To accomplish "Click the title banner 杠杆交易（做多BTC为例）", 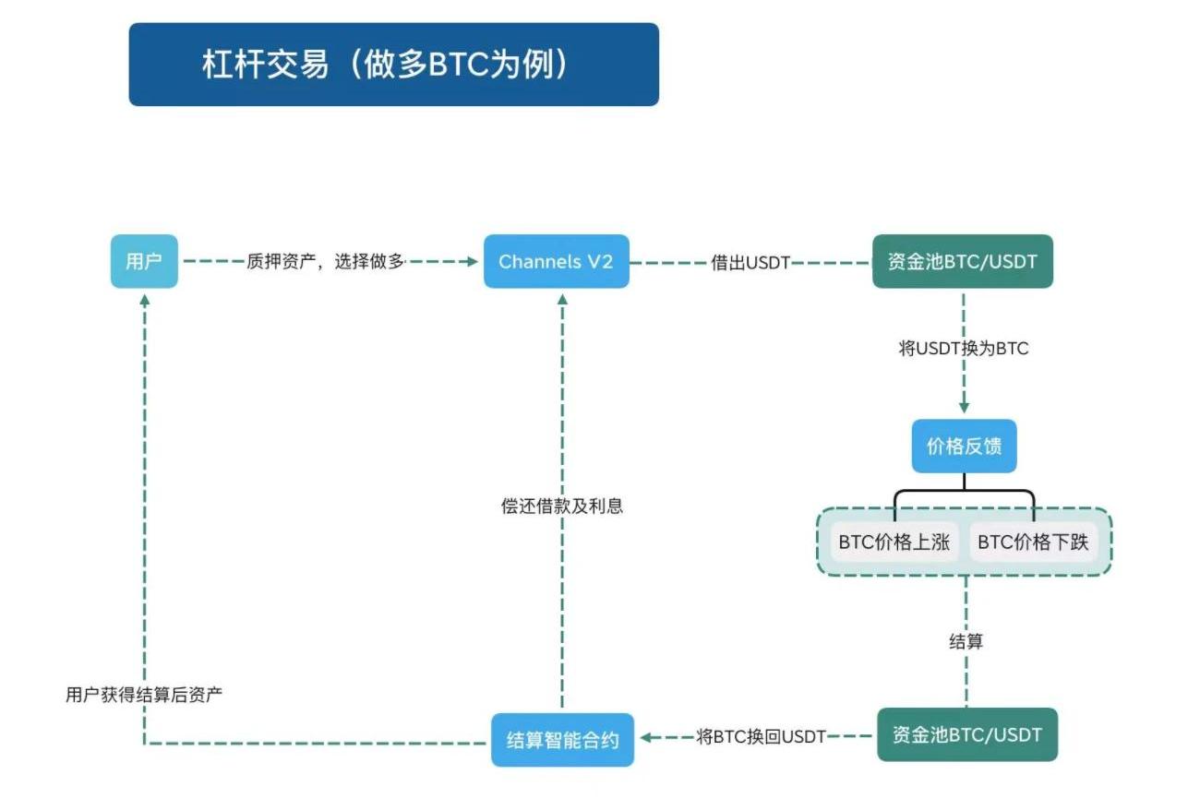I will coord(393,65).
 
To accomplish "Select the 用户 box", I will coord(144,261).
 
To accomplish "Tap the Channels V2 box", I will coord(556,261).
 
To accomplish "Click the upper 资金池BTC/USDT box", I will coord(962,261).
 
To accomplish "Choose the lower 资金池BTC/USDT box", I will coord(966,734).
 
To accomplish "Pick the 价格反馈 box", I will coord(964,447).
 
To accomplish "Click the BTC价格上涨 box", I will coord(894,542).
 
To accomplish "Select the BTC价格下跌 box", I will coord(1033,542).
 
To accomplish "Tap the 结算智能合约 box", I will coord(562,739).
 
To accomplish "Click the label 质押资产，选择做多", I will coord(325,261).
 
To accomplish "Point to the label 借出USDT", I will coord(750,262).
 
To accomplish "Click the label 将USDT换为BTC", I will coord(963,349).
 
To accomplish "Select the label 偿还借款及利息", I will coord(562,506).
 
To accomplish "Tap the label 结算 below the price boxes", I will coord(966,641).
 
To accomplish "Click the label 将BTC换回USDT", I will coord(761,736).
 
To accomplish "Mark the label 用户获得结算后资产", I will coord(144,695).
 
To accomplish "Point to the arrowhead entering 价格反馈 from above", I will coord(964,406).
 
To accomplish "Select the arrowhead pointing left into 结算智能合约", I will coord(646,736).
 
